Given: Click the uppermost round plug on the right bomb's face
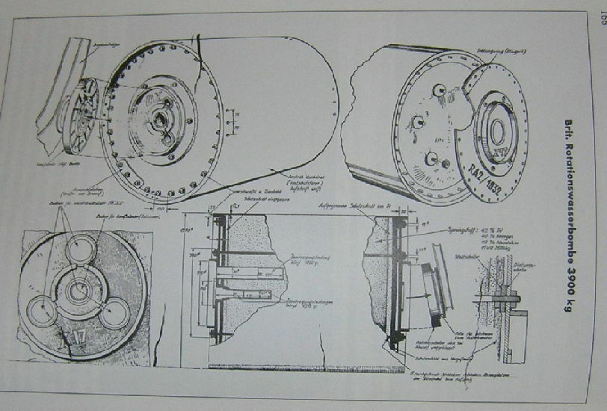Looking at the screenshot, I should click(x=440, y=90).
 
